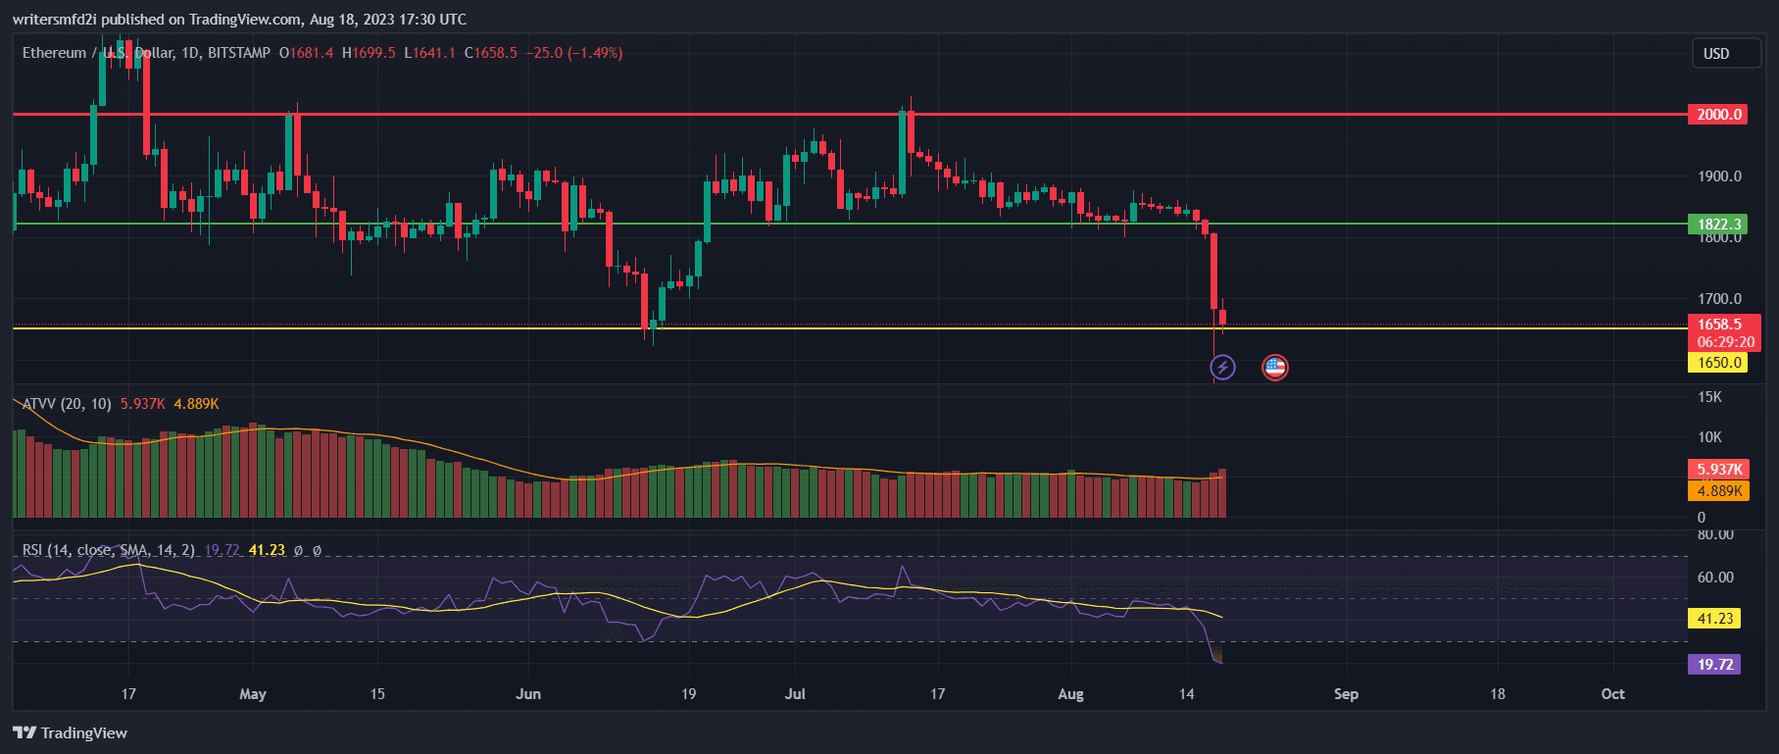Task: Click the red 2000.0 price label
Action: [1719, 115]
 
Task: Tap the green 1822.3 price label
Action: [1719, 225]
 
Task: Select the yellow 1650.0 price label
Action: [1719, 363]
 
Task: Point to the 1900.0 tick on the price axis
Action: [1719, 176]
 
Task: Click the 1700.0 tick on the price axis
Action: [1719, 299]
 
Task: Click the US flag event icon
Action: [1274, 368]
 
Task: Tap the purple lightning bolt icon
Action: [1222, 368]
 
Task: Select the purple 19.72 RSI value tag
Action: [1714, 665]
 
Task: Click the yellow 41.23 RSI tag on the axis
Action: [1714, 619]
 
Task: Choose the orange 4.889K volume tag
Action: [1719, 491]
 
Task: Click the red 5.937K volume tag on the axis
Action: [1719, 470]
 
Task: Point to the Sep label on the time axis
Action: [1346, 694]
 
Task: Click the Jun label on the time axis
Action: [528, 694]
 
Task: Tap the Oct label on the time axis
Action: [1612, 694]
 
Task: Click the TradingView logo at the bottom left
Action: [71, 733]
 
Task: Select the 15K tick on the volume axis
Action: [1709, 397]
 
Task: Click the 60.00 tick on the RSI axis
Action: [1715, 578]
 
